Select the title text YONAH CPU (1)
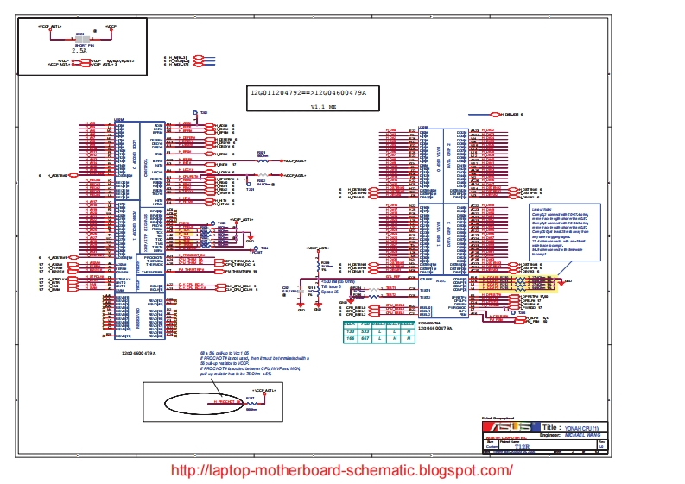point(587,427)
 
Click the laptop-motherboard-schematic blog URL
point(342,470)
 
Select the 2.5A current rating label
point(79,51)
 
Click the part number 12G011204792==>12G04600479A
point(308,91)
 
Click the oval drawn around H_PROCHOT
point(200,401)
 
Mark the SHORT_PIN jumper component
point(80,39)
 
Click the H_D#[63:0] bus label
point(510,114)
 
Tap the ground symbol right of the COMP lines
point(567,281)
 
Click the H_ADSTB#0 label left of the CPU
point(57,175)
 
